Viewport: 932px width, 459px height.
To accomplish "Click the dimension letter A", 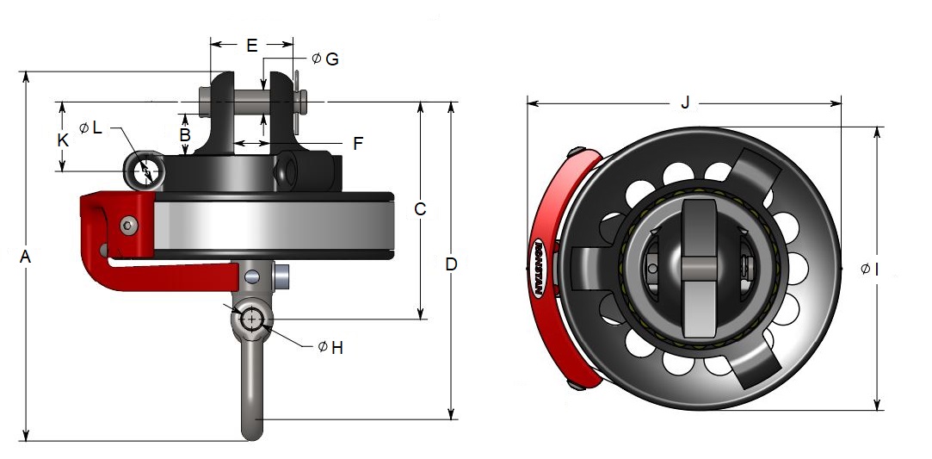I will pos(25,257).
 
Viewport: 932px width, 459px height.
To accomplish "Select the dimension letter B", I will pos(184,135).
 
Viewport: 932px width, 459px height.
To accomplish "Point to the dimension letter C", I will pos(420,209).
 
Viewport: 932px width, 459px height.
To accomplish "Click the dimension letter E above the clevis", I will pos(251,46).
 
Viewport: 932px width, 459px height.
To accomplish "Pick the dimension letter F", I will pos(357,143).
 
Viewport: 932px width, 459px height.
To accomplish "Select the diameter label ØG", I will pos(324,59).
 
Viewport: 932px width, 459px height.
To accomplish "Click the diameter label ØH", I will pos(330,347).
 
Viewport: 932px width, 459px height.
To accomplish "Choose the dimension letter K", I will pos(62,140).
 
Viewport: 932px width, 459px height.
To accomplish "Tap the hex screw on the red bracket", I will pos(127,226).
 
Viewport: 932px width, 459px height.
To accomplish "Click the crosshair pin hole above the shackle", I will pos(250,319).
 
